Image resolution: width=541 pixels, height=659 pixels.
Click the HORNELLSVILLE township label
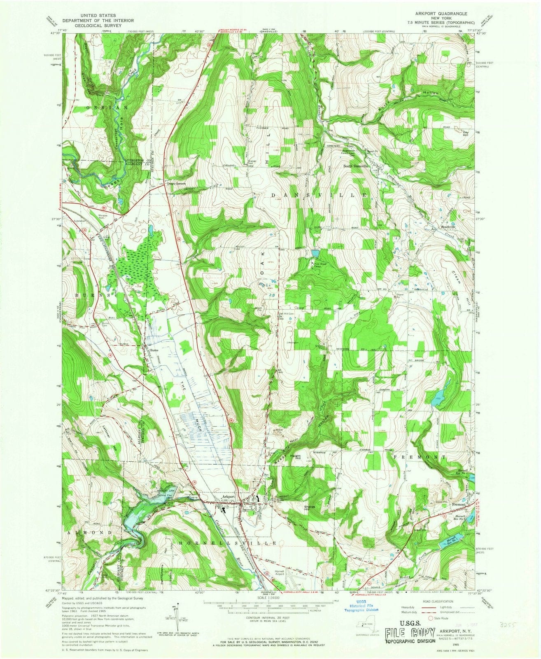click(x=228, y=543)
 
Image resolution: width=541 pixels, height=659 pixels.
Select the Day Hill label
click(x=466, y=134)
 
